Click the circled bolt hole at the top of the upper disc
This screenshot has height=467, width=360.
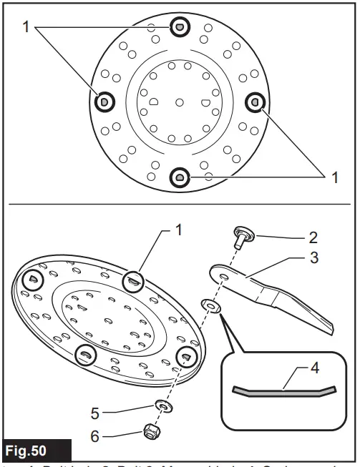pos(179,27)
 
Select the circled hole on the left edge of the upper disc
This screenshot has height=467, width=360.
pos(104,102)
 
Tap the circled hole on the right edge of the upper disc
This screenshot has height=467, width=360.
pos(253,102)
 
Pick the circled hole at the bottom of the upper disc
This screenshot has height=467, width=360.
pos(179,176)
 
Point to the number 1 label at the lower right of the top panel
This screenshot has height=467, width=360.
pos(334,177)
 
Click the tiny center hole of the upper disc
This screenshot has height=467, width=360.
pos(179,102)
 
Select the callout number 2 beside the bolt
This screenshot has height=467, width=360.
pos(313,237)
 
